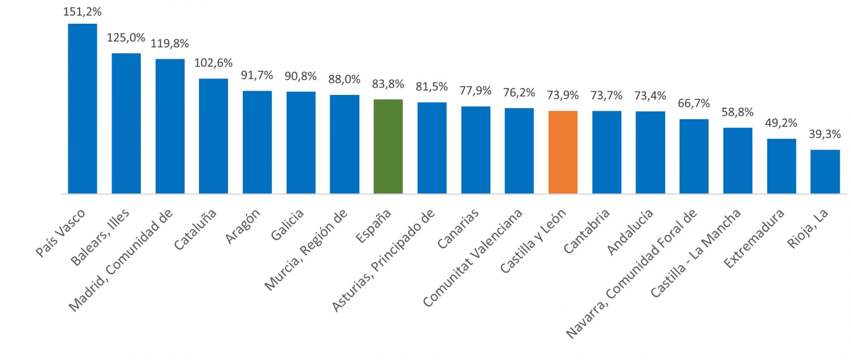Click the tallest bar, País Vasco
(82, 108)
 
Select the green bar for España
(388, 146)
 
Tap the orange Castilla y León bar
(563, 152)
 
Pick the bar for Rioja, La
(825, 171)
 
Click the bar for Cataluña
(214, 136)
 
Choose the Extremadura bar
(782, 166)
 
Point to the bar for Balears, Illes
(126, 124)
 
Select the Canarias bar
(476, 150)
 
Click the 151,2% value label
(82, 12)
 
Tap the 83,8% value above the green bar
(388, 84)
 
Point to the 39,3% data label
(825, 133)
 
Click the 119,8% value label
(170, 43)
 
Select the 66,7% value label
(694, 103)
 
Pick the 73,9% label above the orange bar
(563, 95)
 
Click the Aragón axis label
(242, 227)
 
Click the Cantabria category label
(587, 231)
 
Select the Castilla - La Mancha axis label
(696, 253)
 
